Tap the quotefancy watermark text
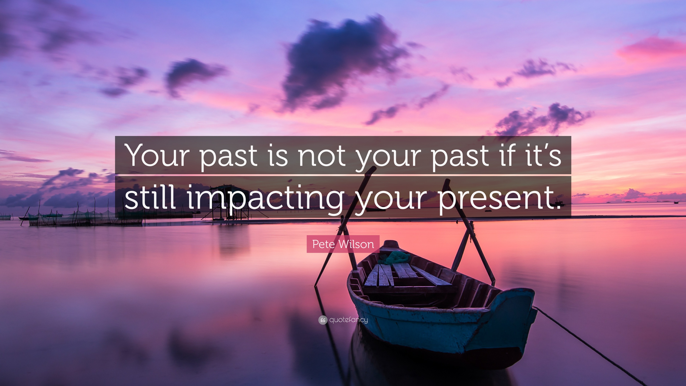click(349, 320)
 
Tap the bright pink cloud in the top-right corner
click(652, 49)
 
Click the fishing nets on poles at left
click(80, 216)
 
